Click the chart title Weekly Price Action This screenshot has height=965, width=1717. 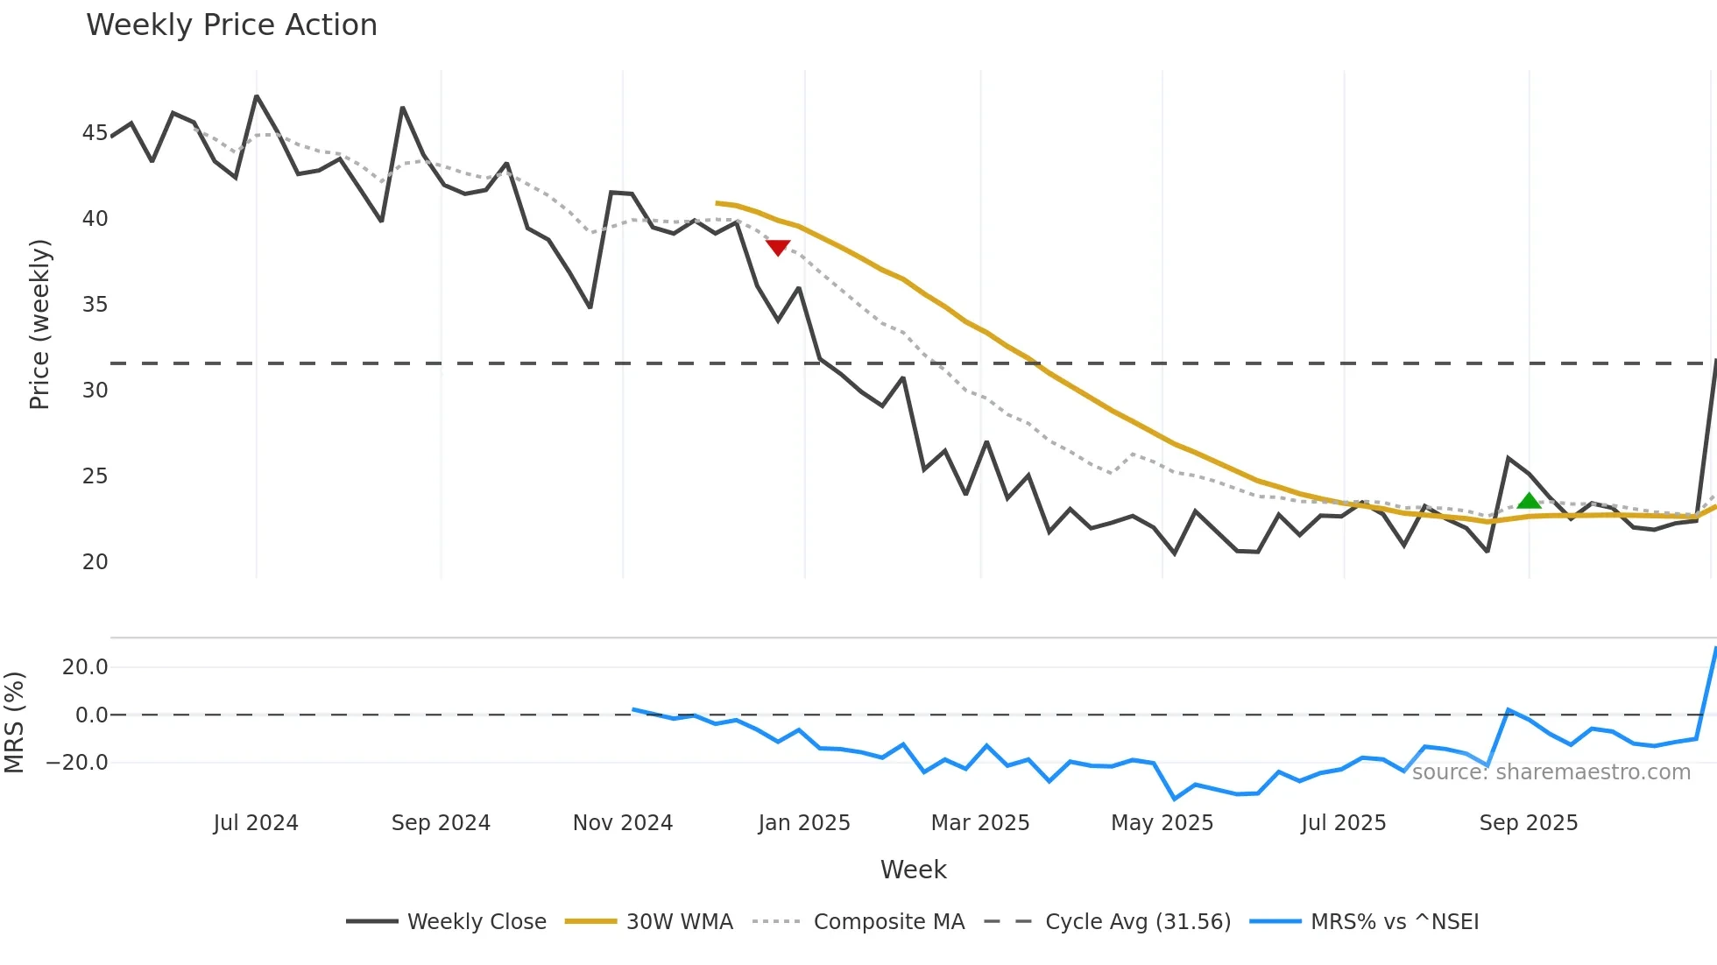tap(231, 25)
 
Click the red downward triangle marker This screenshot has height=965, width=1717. tap(778, 248)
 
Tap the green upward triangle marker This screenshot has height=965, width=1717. tap(1529, 501)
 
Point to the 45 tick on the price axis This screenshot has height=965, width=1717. tap(95, 133)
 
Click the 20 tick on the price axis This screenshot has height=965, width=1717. tap(95, 562)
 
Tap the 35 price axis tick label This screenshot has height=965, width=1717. tap(95, 305)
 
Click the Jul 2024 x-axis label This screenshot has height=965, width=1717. tap(256, 823)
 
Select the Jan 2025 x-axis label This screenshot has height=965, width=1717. tap(804, 823)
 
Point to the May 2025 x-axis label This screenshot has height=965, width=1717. tap(1162, 823)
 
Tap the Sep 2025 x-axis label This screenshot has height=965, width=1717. tap(1528, 823)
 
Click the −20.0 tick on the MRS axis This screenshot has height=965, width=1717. tap(77, 763)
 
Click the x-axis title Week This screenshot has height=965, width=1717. tap(913, 870)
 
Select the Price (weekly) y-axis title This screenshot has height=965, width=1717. tap(40, 324)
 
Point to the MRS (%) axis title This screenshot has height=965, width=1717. tap(14, 722)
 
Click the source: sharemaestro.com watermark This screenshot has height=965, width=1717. tap(1551, 772)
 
